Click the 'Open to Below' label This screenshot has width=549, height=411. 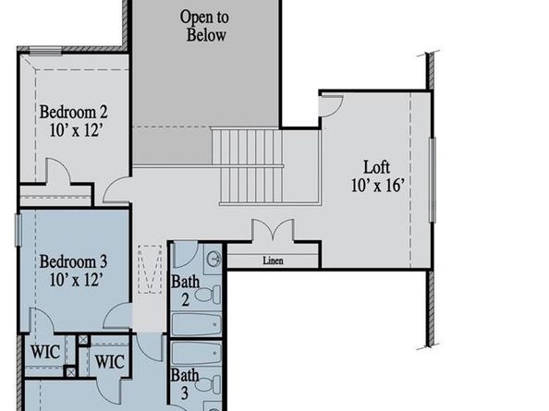(203, 27)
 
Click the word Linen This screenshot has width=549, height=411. (272, 260)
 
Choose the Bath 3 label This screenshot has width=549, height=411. (184, 383)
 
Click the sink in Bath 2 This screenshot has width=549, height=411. (213, 258)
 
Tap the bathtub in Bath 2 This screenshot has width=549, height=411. (196, 325)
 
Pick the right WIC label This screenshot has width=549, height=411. (109, 360)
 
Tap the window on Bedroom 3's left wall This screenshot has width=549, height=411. (18, 230)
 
